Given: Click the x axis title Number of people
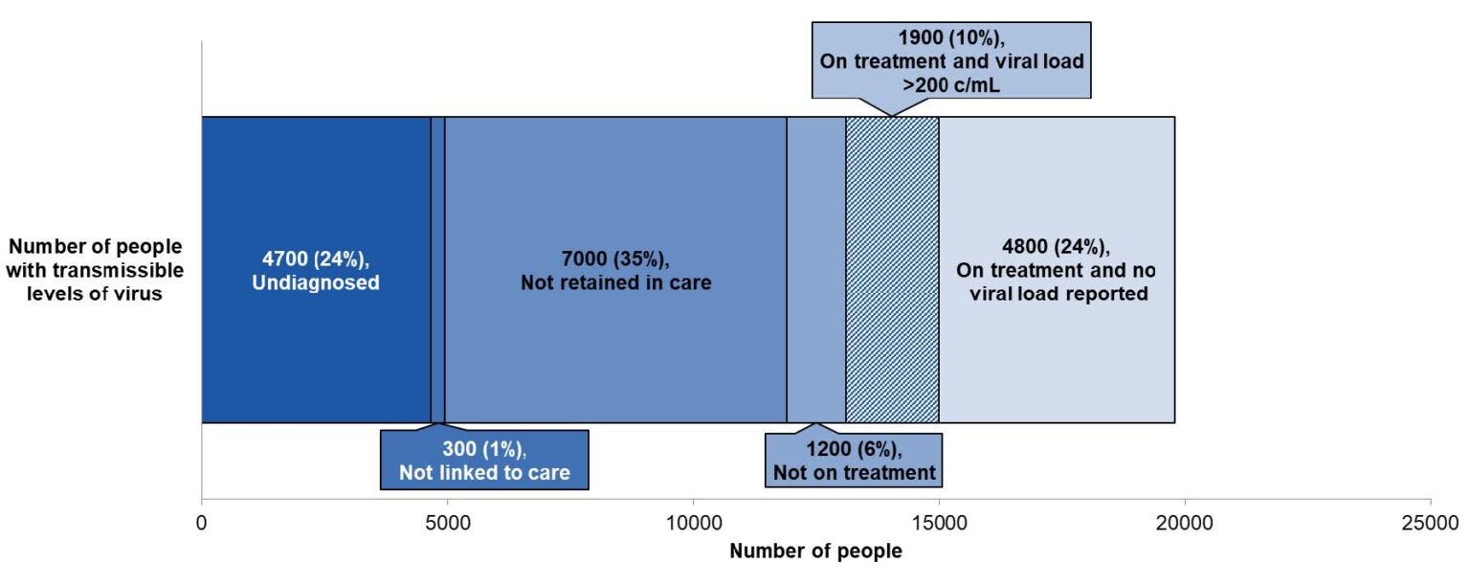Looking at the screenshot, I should click(815, 551).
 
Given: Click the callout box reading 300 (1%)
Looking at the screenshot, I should click(484, 461).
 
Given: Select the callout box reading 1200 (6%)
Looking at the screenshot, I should click(854, 461).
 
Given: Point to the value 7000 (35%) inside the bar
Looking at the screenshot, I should click(615, 259).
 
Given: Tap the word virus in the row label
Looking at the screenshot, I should click(141, 294).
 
